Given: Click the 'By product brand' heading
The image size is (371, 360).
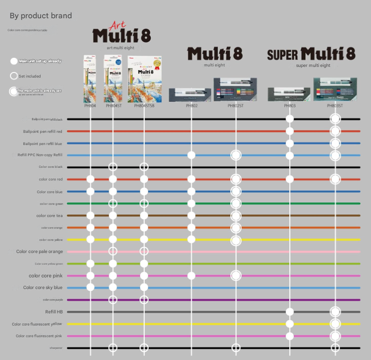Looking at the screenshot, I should (41, 16).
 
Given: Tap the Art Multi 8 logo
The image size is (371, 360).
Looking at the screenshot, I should (122, 34).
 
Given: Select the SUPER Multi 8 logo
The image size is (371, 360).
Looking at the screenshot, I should (311, 54).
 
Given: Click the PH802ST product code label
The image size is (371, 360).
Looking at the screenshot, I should (235, 105).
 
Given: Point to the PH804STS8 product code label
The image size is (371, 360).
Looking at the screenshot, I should (144, 105).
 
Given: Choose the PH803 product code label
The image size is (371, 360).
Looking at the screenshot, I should (290, 105).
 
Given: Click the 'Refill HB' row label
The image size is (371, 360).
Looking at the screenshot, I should (54, 312).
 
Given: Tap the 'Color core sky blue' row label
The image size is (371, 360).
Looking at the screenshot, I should (43, 287).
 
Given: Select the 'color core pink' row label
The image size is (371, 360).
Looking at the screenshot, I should (46, 275).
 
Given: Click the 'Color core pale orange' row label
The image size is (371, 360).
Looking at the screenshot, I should (40, 251).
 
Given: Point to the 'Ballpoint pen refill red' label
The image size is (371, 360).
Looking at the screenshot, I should (43, 131).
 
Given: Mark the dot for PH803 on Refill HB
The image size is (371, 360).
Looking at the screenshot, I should (290, 312).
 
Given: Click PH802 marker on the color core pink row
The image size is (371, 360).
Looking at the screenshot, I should (191, 275).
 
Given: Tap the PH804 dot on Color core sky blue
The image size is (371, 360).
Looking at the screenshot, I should (90, 287).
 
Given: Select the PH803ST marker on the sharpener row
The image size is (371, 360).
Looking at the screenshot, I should (335, 348).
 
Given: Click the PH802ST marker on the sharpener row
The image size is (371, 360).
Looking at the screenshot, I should (235, 348).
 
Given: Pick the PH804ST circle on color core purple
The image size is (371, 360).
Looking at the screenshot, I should (113, 300).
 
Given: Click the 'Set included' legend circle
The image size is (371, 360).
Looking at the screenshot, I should (14, 76).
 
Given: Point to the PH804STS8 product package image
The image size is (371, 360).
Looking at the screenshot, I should (144, 79).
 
